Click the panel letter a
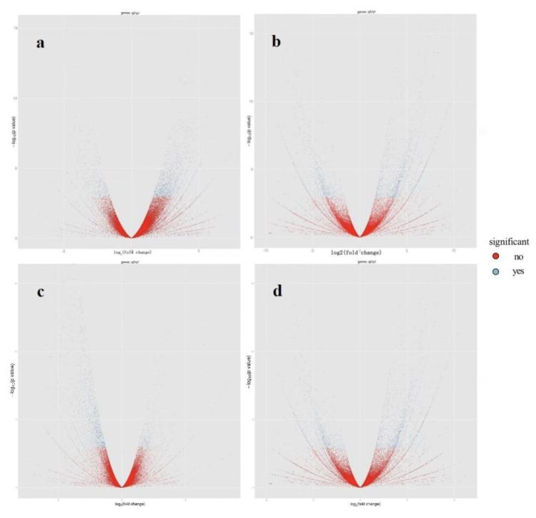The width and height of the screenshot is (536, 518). (41, 43)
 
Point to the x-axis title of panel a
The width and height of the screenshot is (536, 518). (131, 252)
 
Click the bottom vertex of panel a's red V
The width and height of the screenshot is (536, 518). (131, 237)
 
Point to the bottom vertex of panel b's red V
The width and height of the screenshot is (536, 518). (361, 237)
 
